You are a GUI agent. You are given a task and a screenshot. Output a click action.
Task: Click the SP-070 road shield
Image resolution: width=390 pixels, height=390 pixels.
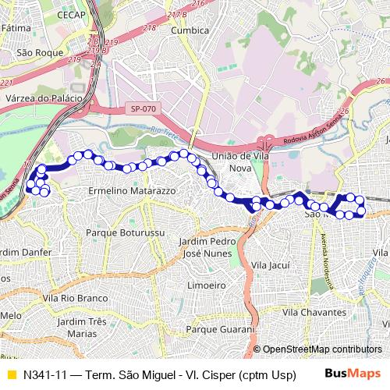pyautogui.click(x=144, y=109)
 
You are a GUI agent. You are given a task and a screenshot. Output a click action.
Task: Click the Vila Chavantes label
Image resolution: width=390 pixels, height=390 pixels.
pyautogui.click(x=313, y=311)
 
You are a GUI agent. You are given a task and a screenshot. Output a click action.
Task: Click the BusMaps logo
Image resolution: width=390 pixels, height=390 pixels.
pyautogui.click(x=358, y=374)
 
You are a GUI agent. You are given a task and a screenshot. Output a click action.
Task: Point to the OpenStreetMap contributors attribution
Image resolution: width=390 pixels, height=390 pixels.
pyautogui.click(x=322, y=349)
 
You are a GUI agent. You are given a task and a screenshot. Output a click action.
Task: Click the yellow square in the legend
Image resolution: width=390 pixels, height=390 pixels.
pyautogui.click(x=10, y=374)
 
